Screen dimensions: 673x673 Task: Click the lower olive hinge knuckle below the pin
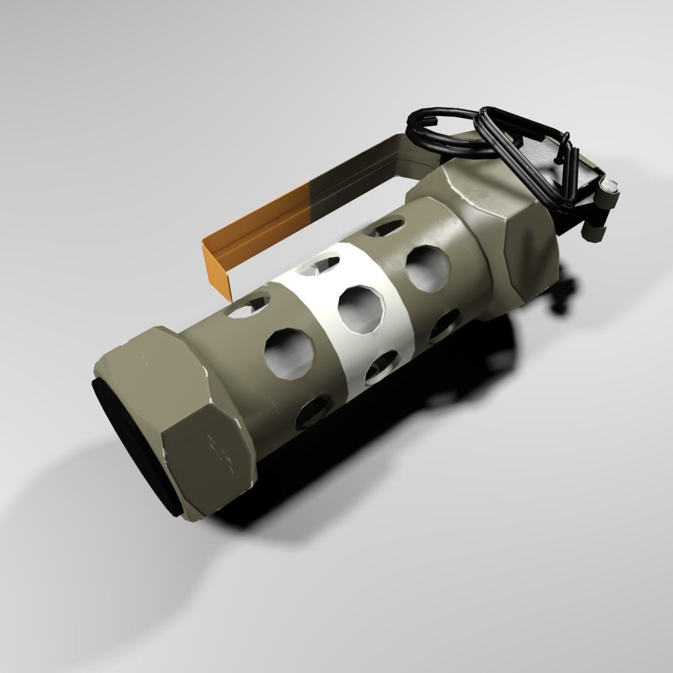pyautogui.click(x=594, y=230)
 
